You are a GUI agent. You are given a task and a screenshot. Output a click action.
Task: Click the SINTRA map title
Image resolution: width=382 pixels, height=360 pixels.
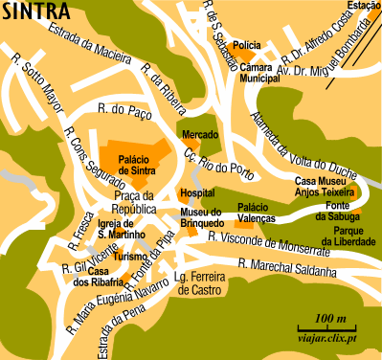coord(35,12)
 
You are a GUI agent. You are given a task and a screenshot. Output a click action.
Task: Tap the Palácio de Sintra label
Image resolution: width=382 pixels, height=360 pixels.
coord(137,165)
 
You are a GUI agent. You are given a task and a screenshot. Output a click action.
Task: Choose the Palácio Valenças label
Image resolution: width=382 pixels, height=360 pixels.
coord(258,213)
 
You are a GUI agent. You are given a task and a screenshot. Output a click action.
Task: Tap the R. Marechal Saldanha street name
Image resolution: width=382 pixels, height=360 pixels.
coord(287,263)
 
